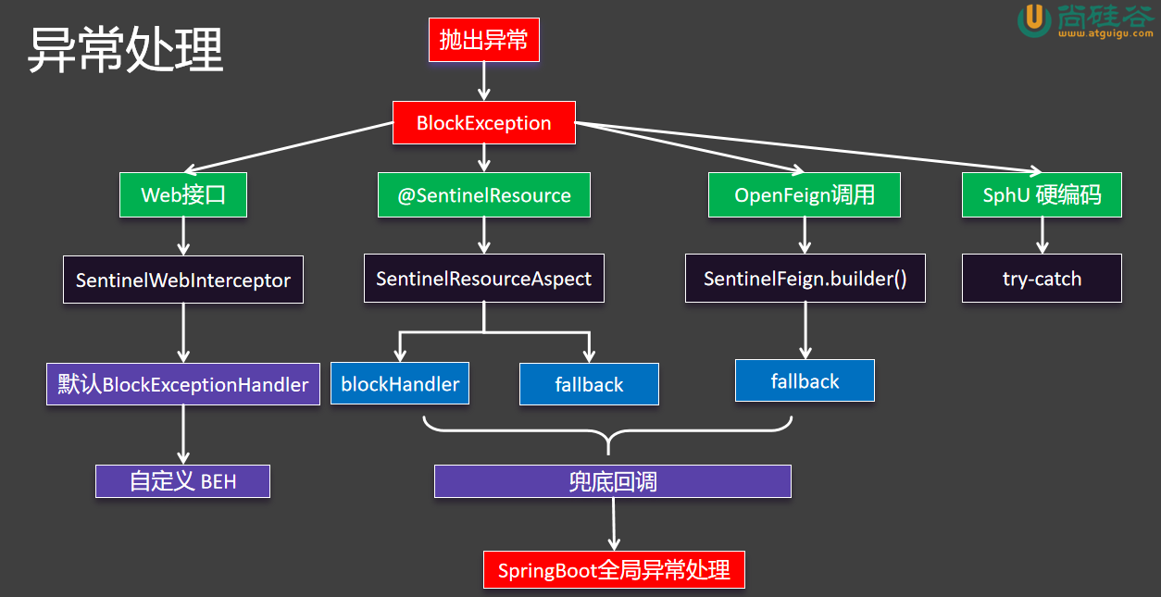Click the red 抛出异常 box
pos(483,40)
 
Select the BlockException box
pos(483,123)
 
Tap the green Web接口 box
pos(183,195)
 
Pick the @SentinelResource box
pos(484,195)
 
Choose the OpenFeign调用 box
pos(804,195)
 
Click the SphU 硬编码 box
pos(1042,195)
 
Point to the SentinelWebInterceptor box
pos(183,280)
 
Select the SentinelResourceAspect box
pos(483,279)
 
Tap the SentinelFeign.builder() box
pos(805,279)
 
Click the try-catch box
pos(1042,279)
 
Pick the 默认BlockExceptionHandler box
pos(183,384)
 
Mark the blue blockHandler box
pos(400,384)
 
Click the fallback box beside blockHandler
pos(589,384)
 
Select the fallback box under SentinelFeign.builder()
pos(805,380)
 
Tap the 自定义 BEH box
pos(182,481)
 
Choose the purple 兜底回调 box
pos(613,481)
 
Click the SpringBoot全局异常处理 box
pos(614,569)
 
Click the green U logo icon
pos(1033,20)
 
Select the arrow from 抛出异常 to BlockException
pos(483,81)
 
